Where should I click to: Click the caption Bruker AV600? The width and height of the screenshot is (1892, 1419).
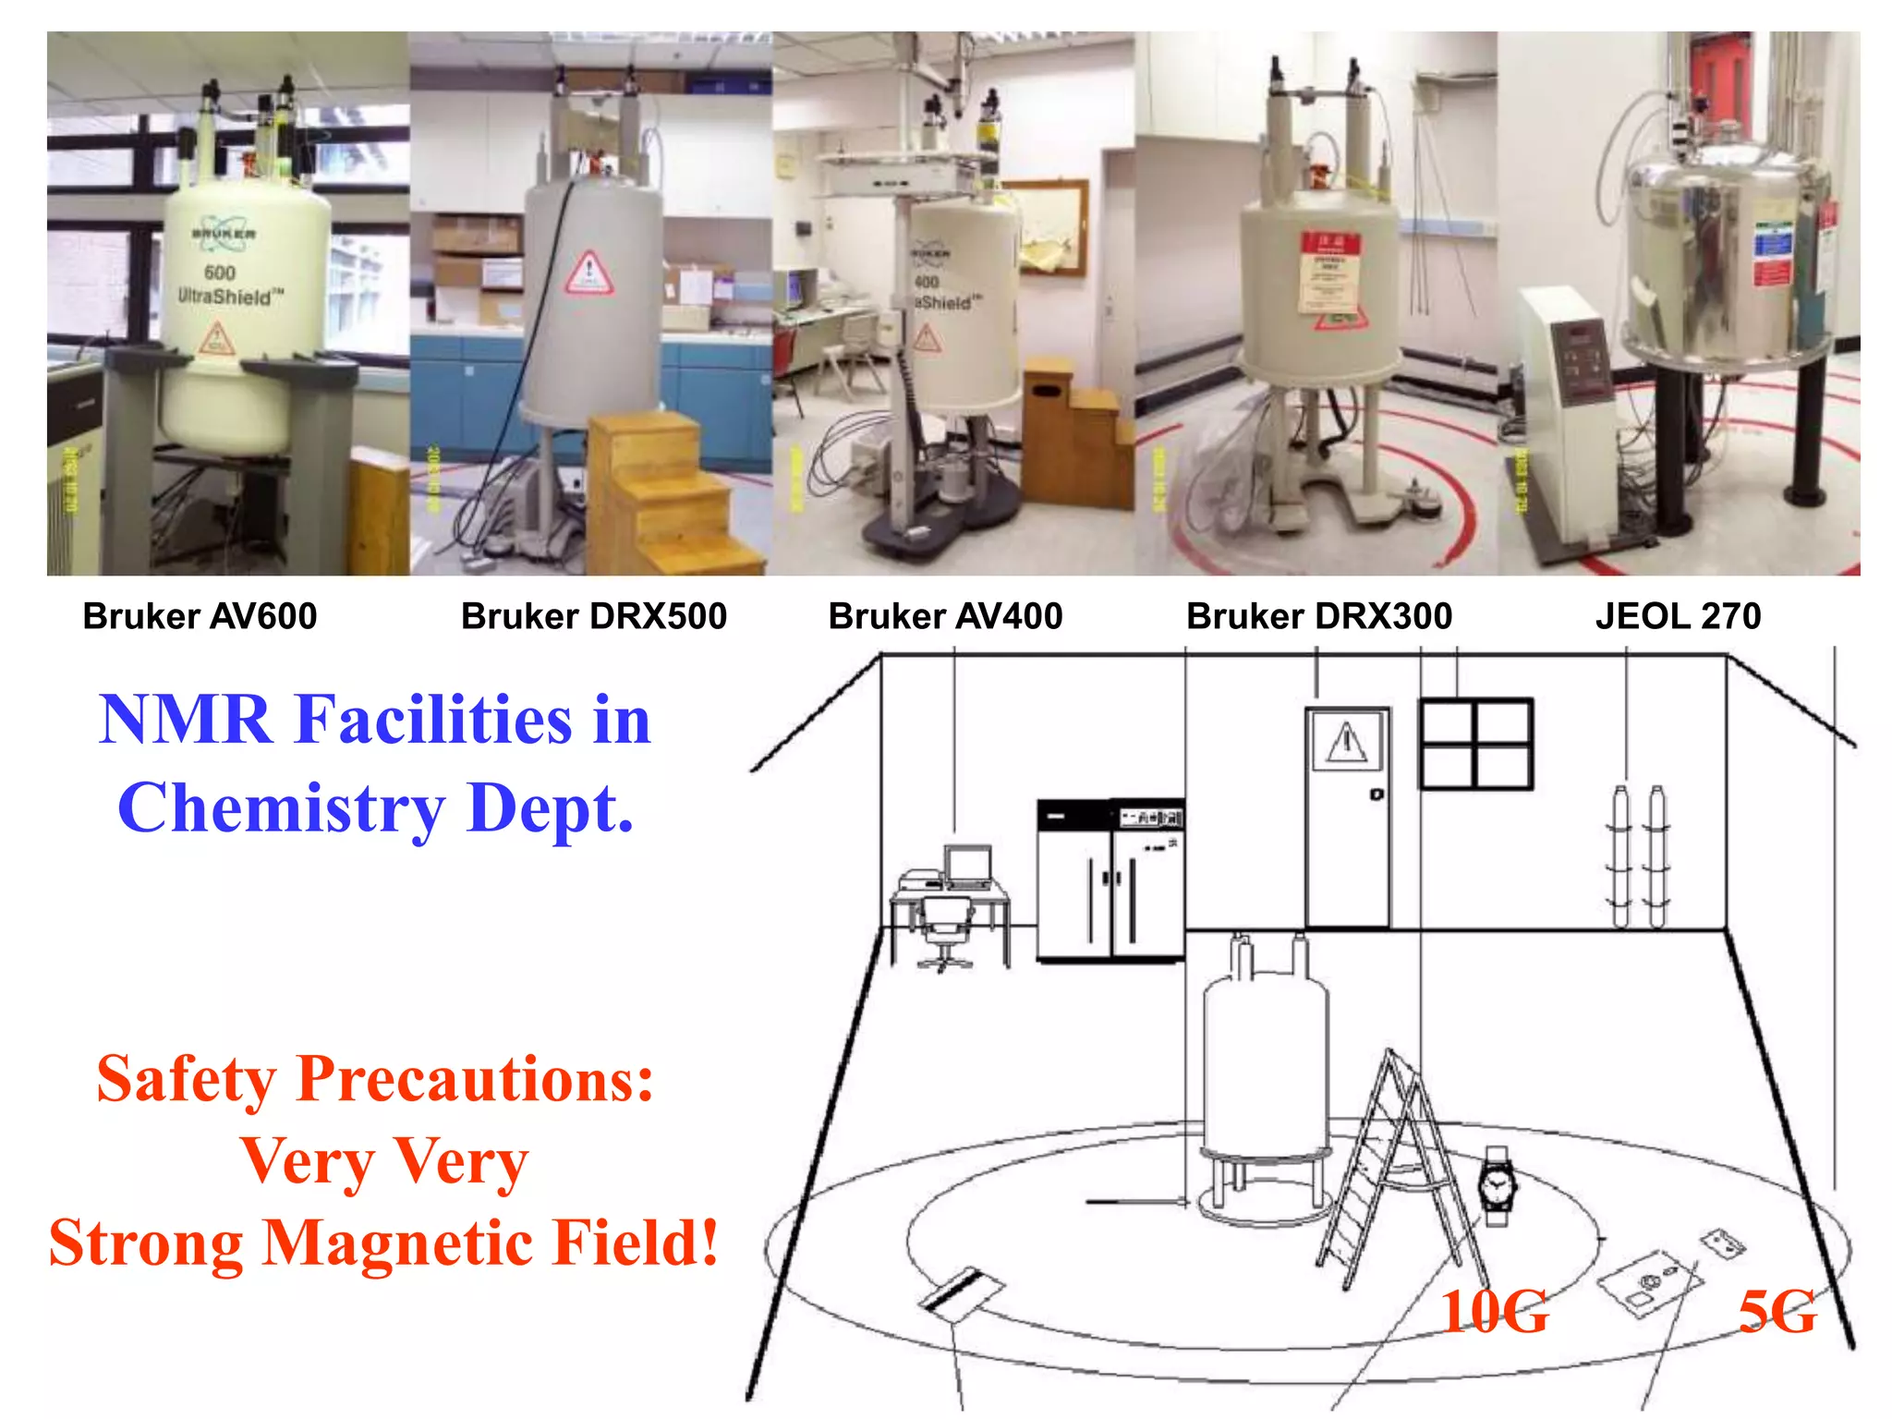click(200, 616)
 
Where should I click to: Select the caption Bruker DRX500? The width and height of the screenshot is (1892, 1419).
click(594, 616)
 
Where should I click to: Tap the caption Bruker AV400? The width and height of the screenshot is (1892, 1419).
click(945, 616)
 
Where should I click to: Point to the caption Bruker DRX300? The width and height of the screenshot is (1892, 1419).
click(1319, 616)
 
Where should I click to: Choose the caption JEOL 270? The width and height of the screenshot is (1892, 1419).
click(1678, 616)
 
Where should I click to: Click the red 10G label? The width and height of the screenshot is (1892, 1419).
click(1495, 1312)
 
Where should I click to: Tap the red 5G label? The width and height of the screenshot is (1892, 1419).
click(1777, 1312)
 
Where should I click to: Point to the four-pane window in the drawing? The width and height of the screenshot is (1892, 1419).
click(1475, 745)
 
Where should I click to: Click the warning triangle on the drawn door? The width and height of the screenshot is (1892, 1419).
click(1347, 742)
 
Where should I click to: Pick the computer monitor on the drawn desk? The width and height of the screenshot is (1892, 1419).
click(967, 866)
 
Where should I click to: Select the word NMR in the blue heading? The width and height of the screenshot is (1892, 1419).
click(185, 721)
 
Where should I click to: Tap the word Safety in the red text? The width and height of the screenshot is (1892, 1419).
click(187, 1079)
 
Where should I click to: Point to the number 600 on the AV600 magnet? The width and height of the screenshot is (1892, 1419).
click(220, 273)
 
